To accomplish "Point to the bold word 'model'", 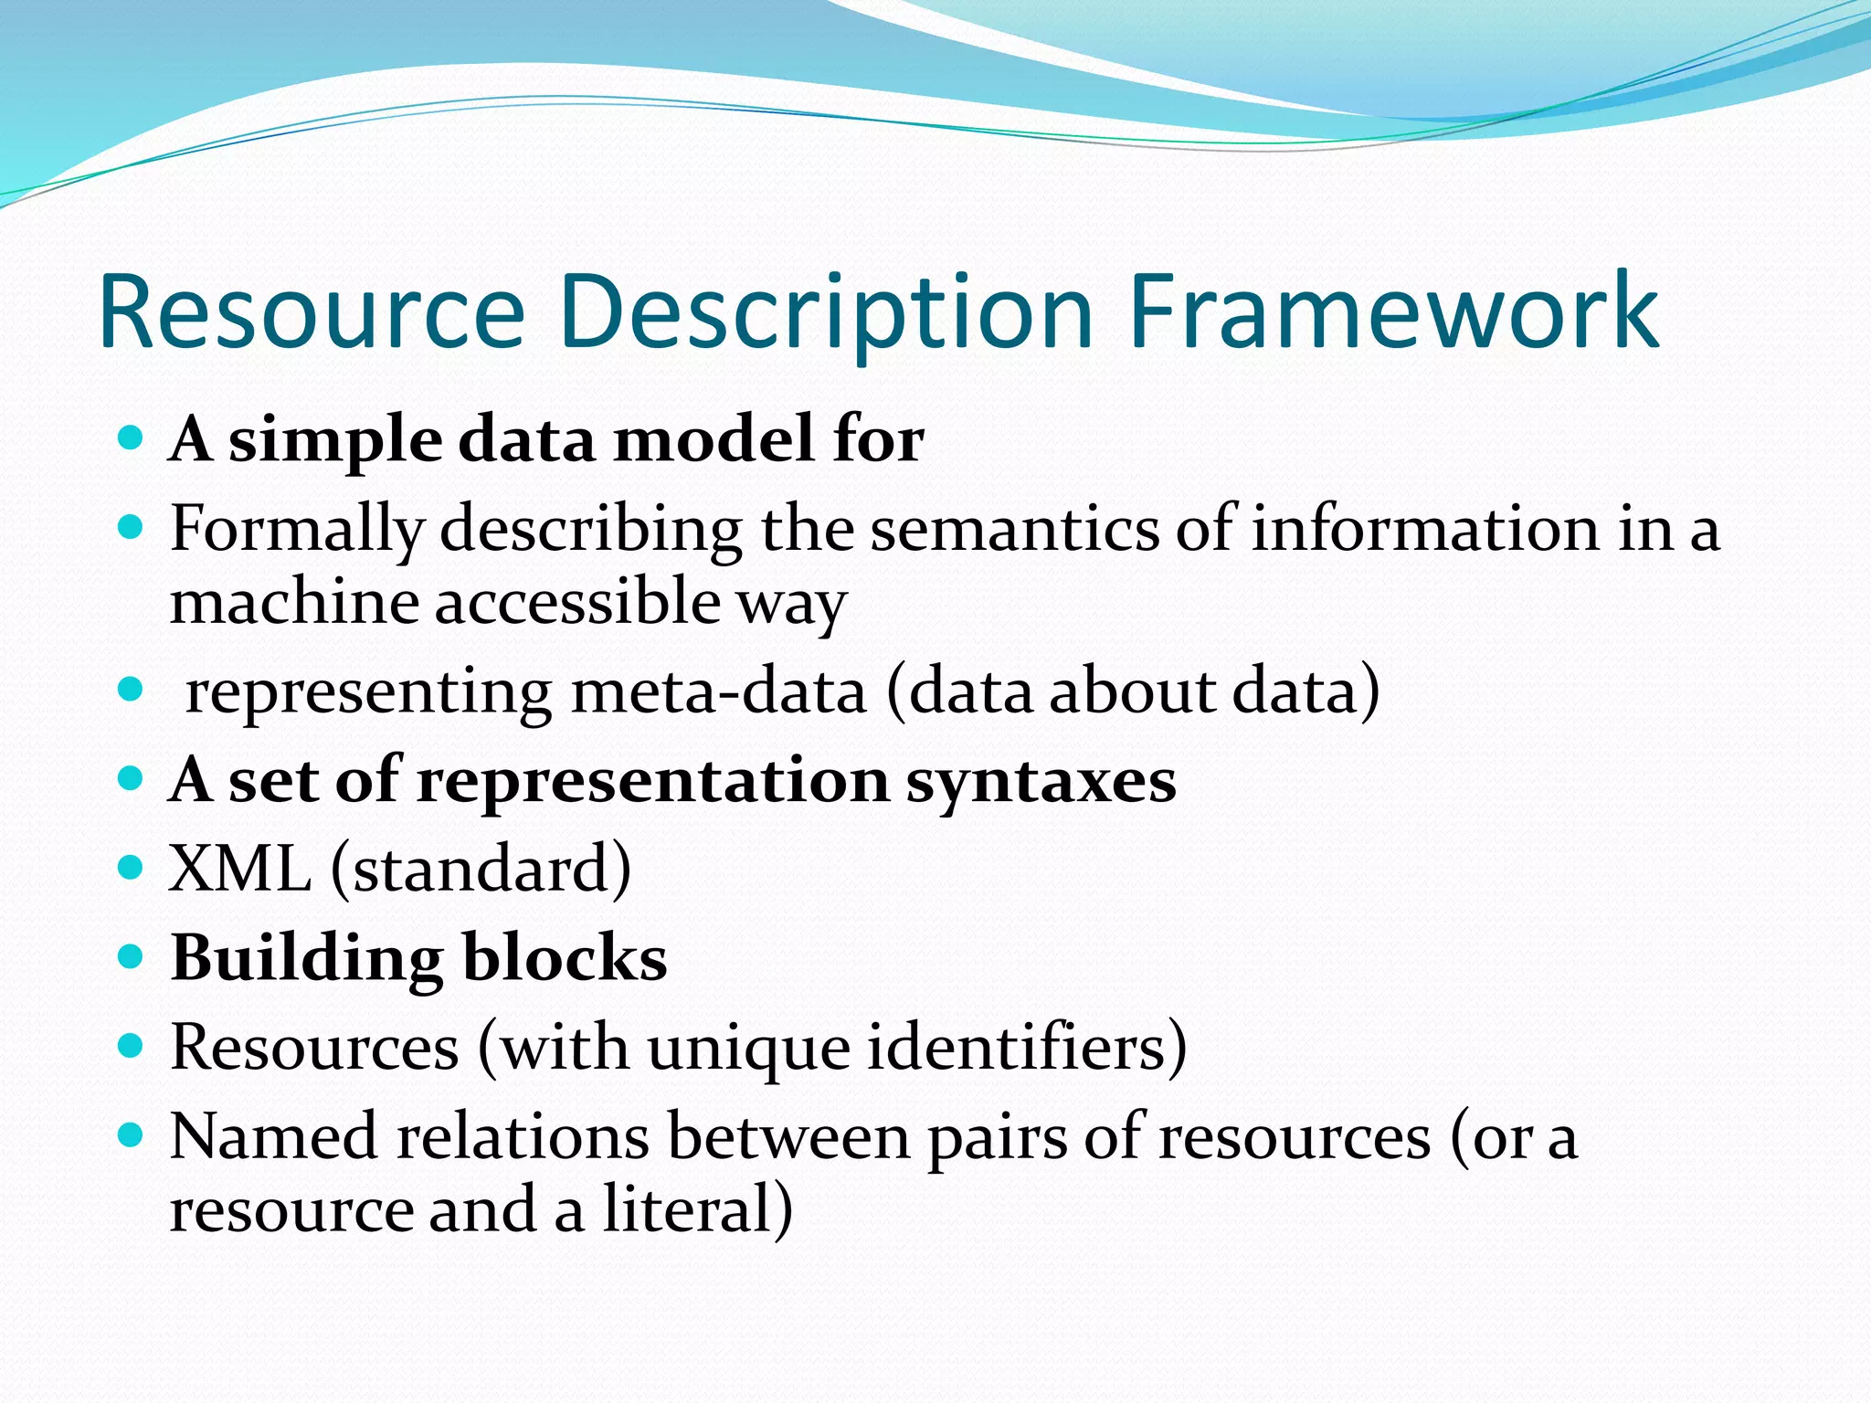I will [x=713, y=439].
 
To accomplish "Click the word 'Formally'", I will [x=297, y=530].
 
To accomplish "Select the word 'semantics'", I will [x=1013, y=530].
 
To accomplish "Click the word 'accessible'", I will [x=577, y=603].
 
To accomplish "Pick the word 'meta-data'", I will [x=719, y=691].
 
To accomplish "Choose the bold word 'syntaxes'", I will [x=1041, y=782].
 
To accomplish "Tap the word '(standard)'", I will [x=481, y=869].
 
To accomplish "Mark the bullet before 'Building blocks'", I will [x=132, y=956].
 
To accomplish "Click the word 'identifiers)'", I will [x=1027, y=1047].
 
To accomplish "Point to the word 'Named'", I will [x=273, y=1137].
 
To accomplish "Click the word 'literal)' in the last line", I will [x=698, y=1209].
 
